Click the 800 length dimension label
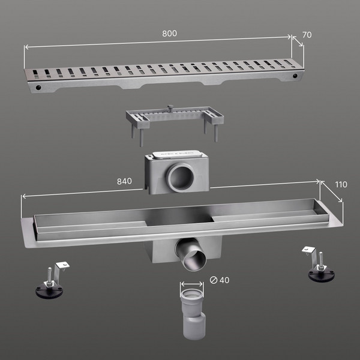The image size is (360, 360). pyautogui.click(x=169, y=34)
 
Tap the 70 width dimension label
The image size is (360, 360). pyautogui.click(x=307, y=35)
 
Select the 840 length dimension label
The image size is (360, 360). pyautogui.click(x=124, y=181)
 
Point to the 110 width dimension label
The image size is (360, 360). pyautogui.click(x=341, y=185)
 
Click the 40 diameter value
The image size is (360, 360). pyautogui.click(x=224, y=280)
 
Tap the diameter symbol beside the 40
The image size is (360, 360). pyautogui.click(x=214, y=280)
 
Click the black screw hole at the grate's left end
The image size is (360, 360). pyautogui.click(x=38, y=87)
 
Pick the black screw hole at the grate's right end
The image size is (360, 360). pyautogui.click(x=295, y=76)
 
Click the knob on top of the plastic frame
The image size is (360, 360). pyautogui.click(x=170, y=107)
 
